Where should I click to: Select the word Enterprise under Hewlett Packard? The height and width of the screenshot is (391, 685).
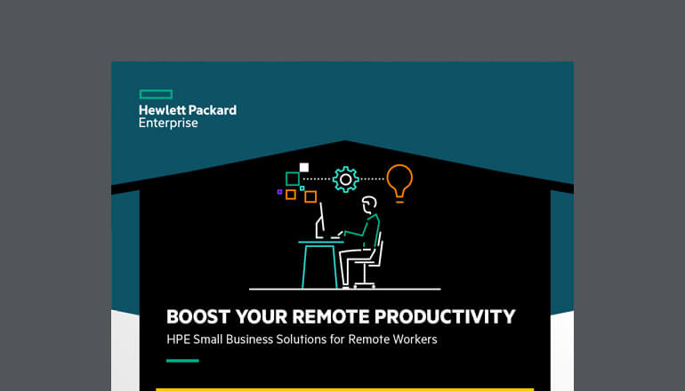[x=168, y=124]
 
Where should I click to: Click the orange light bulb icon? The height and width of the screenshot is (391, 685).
[x=399, y=180]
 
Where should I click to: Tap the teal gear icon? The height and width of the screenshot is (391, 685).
[x=344, y=180]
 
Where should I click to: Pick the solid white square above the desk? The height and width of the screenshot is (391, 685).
[x=304, y=167]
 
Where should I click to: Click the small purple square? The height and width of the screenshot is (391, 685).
[x=279, y=191]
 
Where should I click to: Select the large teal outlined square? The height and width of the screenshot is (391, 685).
[x=292, y=179]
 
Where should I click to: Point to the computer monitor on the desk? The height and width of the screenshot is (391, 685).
[x=318, y=219]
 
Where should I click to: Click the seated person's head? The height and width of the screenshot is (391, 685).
[x=369, y=207]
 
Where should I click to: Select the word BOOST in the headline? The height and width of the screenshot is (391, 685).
[x=195, y=316]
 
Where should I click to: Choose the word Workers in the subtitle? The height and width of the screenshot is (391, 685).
[x=413, y=339]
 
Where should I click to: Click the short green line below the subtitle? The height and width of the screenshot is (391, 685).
[x=182, y=360]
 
